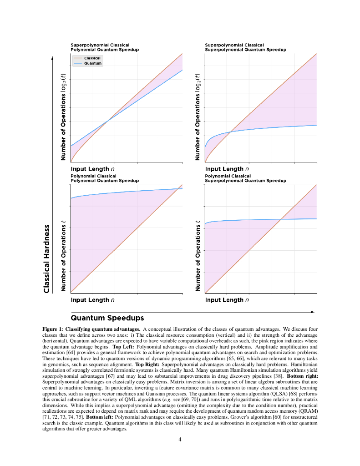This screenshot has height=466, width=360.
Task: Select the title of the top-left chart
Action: pos(105,47)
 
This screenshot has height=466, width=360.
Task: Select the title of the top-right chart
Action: pos(245,47)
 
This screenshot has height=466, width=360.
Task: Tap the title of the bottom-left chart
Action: pos(105,178)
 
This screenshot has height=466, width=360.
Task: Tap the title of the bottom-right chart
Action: pos(245,178)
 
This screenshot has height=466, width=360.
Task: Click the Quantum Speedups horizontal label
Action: pos(107,317)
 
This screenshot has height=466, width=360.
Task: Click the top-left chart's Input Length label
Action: pos(92,169)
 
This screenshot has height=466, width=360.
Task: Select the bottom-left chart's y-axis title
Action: pos(64,256)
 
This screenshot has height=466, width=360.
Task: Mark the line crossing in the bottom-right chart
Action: pos(281,219)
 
